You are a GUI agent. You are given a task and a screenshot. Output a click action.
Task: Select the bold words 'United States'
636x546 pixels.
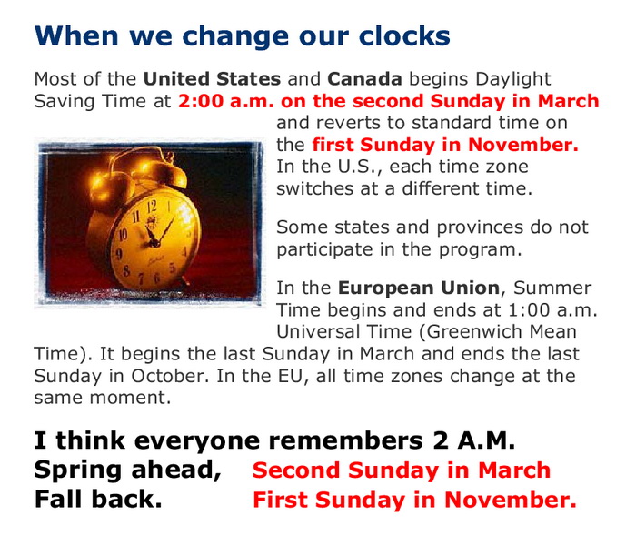point(212,79)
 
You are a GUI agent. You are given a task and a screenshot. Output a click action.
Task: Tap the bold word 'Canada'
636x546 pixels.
point(364,79)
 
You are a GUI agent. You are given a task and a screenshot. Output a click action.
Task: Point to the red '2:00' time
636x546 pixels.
point(201,101)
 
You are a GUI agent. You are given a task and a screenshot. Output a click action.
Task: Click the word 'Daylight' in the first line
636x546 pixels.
point(513,80)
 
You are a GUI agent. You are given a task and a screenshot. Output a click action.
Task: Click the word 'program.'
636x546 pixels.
point(481,250)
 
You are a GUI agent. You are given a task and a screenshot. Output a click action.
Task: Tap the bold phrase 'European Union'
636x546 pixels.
point(419,288)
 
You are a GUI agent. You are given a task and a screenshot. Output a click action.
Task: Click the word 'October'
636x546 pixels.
point(169,376)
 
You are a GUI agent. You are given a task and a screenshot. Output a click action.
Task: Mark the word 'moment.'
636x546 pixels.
point(130,399)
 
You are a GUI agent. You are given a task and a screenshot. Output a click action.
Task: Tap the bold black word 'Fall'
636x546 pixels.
point(59,499)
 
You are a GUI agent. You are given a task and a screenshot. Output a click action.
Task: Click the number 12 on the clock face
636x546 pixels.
point(152,207)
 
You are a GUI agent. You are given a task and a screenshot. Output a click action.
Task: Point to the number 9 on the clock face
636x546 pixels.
point(119,254)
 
